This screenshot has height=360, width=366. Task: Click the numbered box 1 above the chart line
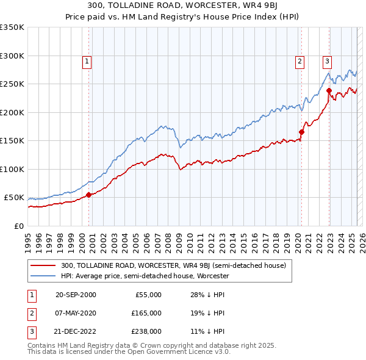87,61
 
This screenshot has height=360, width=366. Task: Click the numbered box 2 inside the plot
300,61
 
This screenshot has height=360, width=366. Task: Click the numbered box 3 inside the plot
328,61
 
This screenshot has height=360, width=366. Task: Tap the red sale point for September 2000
88,195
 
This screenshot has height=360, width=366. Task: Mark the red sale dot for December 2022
329,90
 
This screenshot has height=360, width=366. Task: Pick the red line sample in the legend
43,265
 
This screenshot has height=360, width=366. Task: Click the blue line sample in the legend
43,276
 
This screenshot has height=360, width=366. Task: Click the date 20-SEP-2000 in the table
76,295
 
